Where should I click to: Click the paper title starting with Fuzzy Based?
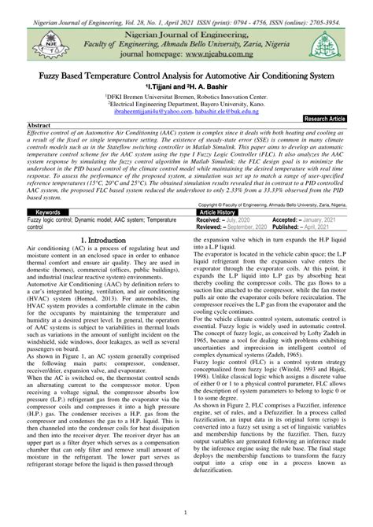[186, 76]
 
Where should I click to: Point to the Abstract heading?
[39, 126]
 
